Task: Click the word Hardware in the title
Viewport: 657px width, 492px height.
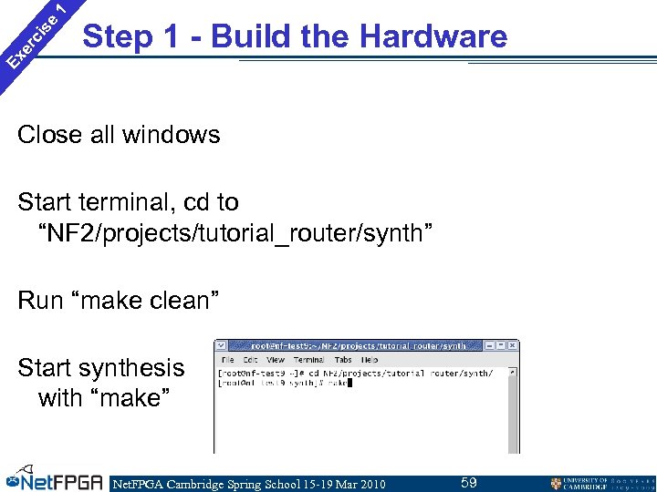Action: click(x=433, y=36)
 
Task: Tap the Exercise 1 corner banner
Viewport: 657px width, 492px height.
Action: click(x=35, y=36)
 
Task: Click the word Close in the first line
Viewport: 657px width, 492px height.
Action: click(x=50, y=135)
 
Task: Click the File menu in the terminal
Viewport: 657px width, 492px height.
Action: click(x=227, y=360)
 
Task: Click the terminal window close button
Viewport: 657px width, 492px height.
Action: click(x=514, y=346)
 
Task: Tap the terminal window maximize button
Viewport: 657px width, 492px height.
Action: click(x=502, y=346)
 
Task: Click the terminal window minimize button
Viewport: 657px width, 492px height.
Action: click(x=490, y=346)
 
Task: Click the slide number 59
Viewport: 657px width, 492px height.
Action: click(x=469, y=483)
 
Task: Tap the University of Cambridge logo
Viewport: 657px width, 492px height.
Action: click(x=598, y=483)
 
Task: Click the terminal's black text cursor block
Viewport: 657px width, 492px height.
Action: click(x=349, y=384)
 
